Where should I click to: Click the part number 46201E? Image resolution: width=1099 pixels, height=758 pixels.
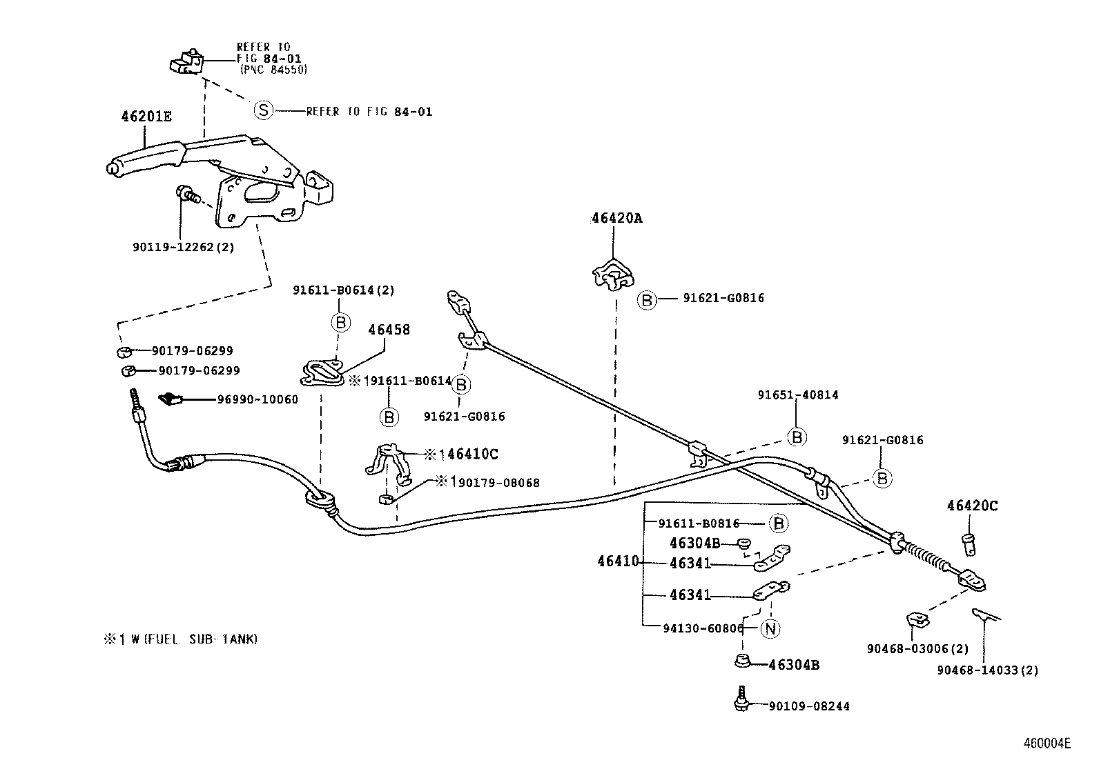point(146,117)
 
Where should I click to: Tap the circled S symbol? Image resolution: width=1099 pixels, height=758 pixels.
point(263,110)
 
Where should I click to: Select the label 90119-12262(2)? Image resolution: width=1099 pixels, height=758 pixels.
point(183,247)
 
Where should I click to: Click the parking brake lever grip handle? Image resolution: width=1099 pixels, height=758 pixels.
point(145,160)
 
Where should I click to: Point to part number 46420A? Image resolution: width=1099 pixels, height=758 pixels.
point(616,218)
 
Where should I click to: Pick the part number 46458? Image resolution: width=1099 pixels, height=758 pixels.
point(389,330)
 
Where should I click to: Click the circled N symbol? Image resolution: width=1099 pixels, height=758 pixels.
point(770,628)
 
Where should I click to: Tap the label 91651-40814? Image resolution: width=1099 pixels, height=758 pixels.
point(797,395)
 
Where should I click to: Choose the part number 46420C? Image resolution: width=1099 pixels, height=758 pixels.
point(972,506)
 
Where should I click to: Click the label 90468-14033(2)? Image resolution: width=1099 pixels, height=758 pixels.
point(987,670)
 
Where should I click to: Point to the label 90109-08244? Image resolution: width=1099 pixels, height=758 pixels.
point(809,706)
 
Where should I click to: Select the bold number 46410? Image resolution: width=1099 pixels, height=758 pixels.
point(618,562)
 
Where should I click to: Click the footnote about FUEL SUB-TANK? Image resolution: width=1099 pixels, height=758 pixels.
point(180,639)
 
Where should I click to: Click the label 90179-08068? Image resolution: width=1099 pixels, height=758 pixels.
point(494,483)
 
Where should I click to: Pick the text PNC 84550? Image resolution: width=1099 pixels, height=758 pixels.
point(273,70)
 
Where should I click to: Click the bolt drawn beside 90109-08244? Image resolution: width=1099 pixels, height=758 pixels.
point(741,700)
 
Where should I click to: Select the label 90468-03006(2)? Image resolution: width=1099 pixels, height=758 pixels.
point(917,649)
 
